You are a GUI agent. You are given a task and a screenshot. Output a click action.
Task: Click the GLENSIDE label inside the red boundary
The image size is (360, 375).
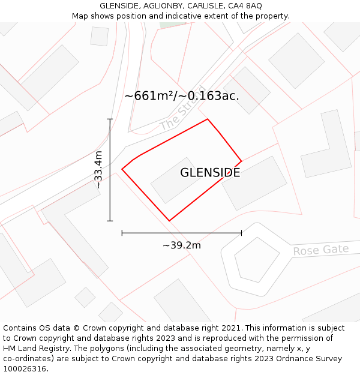click(210, 173)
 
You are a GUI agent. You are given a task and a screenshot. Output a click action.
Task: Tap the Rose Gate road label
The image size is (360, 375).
click(320, 250)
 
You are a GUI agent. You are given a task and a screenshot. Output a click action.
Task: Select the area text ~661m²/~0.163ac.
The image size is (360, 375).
click(182, 96)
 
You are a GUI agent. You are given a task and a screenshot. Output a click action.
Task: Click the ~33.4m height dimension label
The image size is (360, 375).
click(98, 170)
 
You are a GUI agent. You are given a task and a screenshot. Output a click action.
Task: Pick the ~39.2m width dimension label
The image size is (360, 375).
click(181, 245)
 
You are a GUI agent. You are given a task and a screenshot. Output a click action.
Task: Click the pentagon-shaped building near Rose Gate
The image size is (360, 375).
click(256, 259)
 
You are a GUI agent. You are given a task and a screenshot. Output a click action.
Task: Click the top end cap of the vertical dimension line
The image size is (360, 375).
click(110, 119)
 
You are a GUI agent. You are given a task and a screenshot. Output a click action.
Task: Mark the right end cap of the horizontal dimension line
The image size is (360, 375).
click(241, 233)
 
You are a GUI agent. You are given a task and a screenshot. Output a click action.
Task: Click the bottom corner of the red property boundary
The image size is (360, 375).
click(169, 221)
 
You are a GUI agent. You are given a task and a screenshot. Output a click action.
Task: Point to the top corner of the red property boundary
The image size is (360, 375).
click(208, 119)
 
